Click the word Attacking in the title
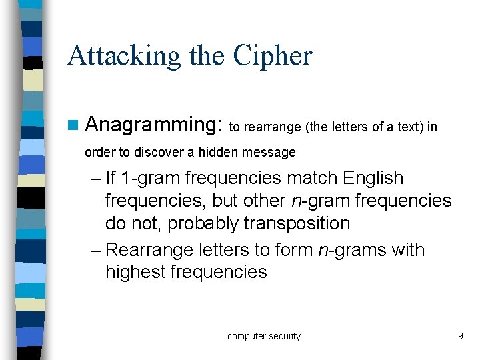click(124, 57)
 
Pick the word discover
click(160, 153)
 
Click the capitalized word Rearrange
click(150, 250)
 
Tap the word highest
click(135, 272)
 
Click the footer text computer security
click(264, 337)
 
